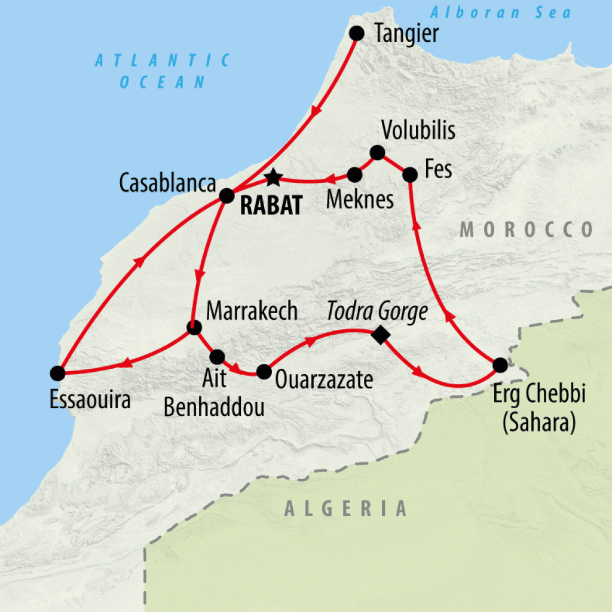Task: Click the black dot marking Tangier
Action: point(357,33)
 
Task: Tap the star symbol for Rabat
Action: point(273,176)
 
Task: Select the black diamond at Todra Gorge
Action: point(380,335)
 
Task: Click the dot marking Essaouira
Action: point(57,374)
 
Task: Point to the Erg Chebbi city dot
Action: point(500,365)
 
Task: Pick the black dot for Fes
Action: point(410,175)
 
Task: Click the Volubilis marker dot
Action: point(377,153)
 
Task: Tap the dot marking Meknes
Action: point(354,175)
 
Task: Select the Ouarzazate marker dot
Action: point(264,372)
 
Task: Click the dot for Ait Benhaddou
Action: point(217,357)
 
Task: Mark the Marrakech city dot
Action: point(194,328)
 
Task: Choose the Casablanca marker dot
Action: point(227,195)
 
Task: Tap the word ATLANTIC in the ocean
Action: point(163,60)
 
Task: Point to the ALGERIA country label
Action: point(345,509)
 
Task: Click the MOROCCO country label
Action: point(527,229)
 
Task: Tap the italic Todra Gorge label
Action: point(377,311)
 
